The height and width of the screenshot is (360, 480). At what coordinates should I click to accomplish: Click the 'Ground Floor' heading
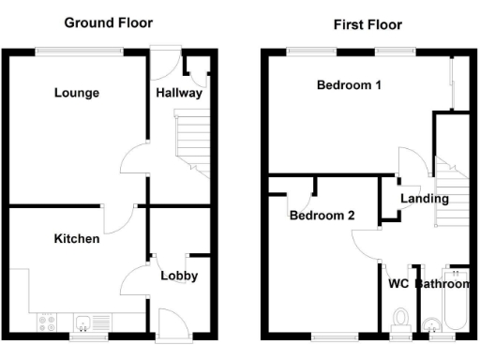click(109, 22)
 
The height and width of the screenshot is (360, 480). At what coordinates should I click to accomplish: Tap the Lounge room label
click(77, 93)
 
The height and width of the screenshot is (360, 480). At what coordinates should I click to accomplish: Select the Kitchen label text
click(76, 239)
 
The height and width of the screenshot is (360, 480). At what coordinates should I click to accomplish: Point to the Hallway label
click(179, 93)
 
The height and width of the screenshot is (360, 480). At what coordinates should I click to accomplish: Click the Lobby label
click(178, 276)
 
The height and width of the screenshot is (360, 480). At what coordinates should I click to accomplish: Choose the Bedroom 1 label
click(349, 85)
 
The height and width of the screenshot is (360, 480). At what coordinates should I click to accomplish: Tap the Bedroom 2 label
click(322, 215)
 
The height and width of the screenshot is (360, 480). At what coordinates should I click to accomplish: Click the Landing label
click(424, 199)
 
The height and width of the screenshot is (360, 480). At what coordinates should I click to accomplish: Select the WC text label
click(397, 282)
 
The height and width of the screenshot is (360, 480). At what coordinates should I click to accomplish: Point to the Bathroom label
click(442, 283)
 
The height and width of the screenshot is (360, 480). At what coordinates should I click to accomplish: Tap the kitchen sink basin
click(84, 322)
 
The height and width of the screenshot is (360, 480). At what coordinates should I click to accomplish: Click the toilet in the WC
click(401, 320)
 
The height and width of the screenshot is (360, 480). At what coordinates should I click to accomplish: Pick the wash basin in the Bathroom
click(433, 325)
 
